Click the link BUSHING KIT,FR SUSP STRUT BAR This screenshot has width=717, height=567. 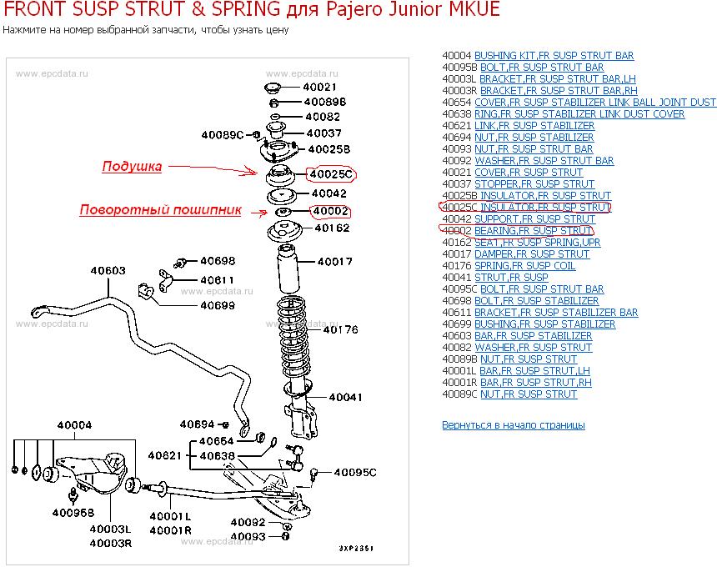554,56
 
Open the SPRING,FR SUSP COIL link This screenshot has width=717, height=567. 524,266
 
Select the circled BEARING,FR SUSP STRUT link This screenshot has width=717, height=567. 534,231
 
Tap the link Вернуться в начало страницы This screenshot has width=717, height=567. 513,425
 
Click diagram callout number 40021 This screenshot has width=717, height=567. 319,87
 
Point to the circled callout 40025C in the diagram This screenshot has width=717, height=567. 331,174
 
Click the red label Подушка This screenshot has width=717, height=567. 132,167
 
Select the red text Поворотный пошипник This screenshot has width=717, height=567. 160,210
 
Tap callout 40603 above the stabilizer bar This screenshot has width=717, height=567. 108,271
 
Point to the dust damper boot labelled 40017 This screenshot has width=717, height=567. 288,268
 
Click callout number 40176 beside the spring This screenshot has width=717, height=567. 340,329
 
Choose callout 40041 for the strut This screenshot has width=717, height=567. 345,397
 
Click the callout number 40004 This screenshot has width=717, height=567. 74,424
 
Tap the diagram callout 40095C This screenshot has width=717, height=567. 355,472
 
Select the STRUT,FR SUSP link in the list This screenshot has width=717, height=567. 511,278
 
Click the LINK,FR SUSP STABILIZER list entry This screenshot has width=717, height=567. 534,126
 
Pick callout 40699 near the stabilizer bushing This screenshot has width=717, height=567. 218,305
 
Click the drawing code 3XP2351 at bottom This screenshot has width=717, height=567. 356,548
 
